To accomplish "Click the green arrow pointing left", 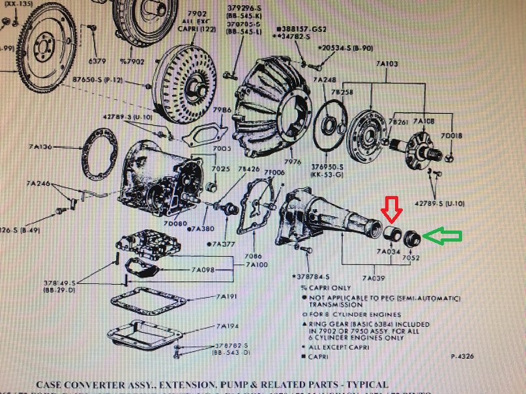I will [442, 236].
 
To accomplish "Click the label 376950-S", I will [327, 167].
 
